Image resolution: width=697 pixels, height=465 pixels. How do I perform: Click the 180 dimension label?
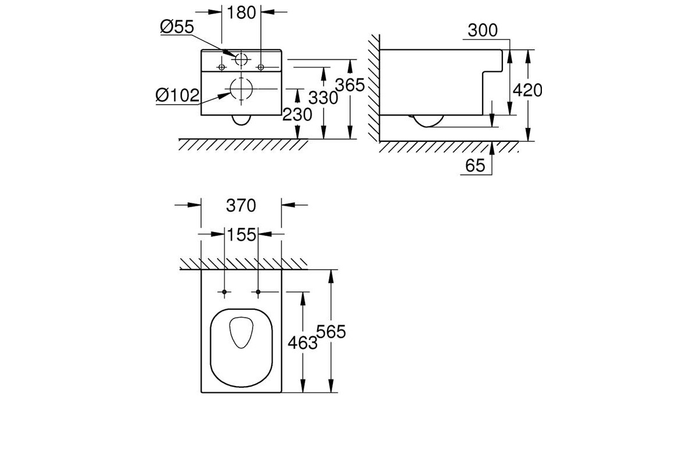click(x=241, y=13)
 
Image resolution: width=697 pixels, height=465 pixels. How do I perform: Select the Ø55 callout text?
click(x=177, y=27)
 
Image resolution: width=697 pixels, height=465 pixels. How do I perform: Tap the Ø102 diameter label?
click(x=177, y=95)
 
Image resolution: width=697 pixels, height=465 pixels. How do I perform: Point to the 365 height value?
click(x=350, y=85)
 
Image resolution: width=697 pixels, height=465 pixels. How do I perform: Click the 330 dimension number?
click(x=323, y=98)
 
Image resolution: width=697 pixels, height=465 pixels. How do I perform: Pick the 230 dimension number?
click(x=297, y=115)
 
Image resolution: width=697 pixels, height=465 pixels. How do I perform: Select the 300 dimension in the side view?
click(x=483, y=30)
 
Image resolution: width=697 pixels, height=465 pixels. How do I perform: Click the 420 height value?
click(x=527, y=90)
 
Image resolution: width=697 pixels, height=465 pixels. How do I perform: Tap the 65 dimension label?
click(x=475, y=166)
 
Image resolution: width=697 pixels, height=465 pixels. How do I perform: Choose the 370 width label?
click(x=241, y=206)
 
